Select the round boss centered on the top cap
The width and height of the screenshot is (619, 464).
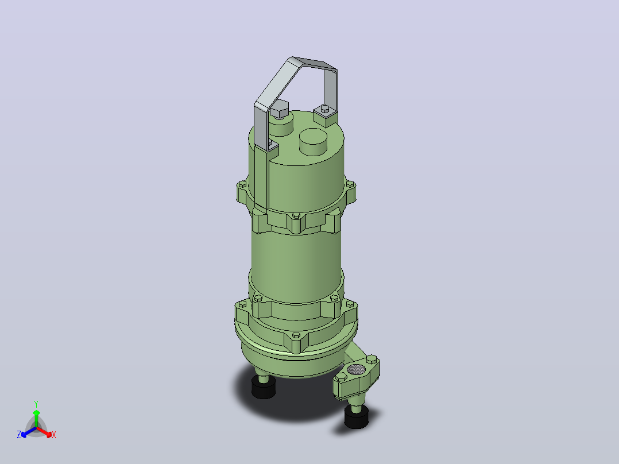tap(313, 141)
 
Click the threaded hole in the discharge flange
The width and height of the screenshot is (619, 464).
tap(356, 370)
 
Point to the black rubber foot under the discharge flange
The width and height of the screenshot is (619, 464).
tap(356, 416)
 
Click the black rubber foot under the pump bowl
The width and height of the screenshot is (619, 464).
tap(264, 387)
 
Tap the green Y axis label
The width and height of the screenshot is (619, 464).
tap(36, 404)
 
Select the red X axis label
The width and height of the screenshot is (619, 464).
tap(54, 435)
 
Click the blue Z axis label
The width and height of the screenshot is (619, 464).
tap(19, 434)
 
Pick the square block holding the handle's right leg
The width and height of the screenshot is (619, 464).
tap(326, 116)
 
